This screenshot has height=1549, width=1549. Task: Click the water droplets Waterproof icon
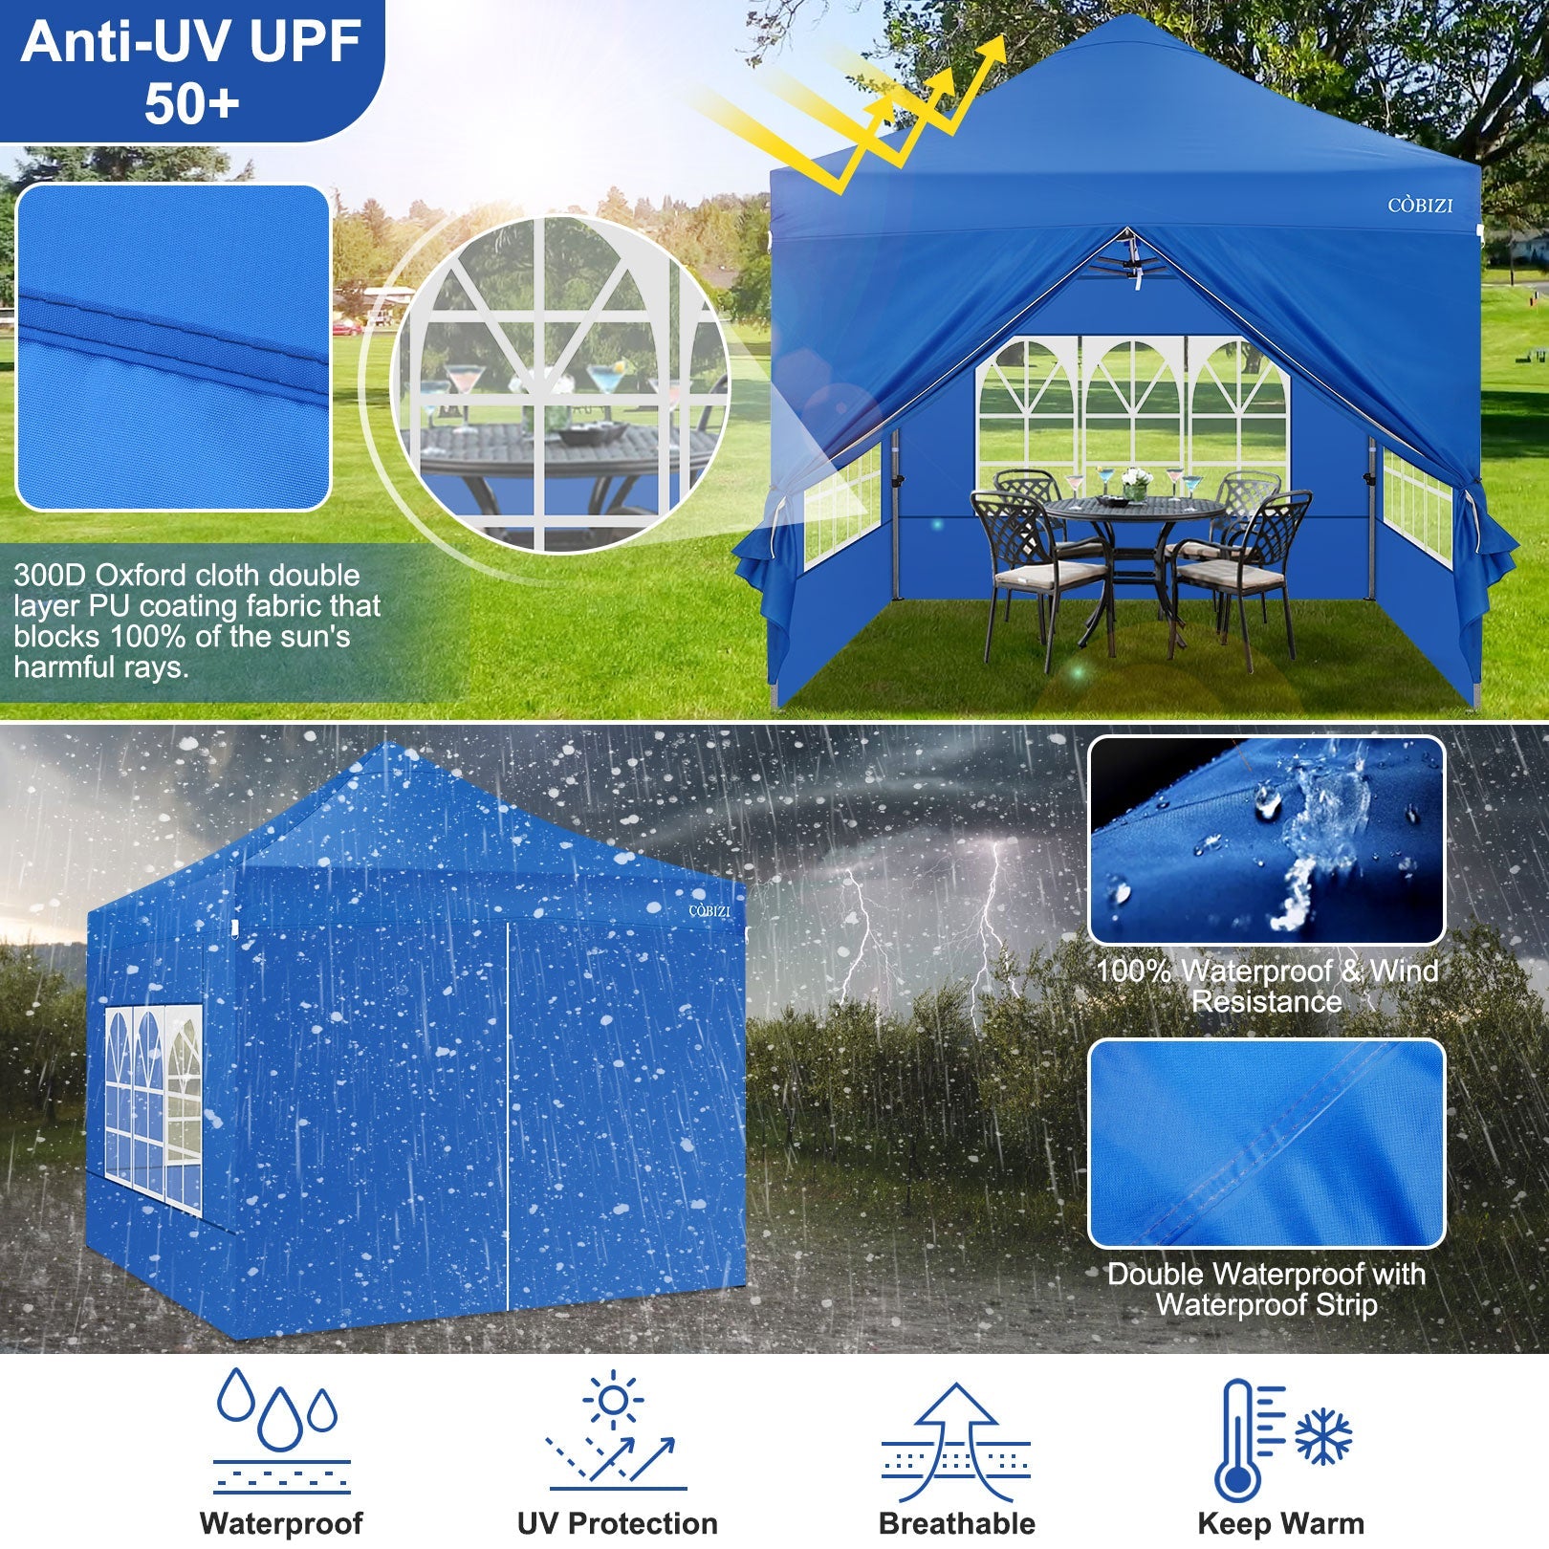tap(280, 1430)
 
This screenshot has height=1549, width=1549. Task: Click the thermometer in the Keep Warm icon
tap(1240, 1439)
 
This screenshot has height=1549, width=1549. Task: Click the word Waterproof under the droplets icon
tap(281, 1523)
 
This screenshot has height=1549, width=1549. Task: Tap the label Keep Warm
tap(1280, 1523)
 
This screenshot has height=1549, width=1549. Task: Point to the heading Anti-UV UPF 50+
tap(191, 71)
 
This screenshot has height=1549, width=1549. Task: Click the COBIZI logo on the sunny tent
tap(1420, 206)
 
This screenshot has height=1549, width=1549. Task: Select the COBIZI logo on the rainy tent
tap(709, 911)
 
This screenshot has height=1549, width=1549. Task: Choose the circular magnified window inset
tap(560, 382)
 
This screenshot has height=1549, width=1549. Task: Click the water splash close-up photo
tap(1266, 840)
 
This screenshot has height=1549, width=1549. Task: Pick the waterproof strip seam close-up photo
tap(1266, 1143)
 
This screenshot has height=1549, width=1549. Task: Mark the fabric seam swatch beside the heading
tap(173, 347)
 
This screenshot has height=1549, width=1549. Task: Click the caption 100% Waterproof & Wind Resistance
tap(1266, 986)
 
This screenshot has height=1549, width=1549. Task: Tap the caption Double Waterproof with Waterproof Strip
tap(1266, 1289)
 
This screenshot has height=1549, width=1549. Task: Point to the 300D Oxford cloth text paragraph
tap(197, 622)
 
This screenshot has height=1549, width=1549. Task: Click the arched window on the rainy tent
tap(154, 1109)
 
